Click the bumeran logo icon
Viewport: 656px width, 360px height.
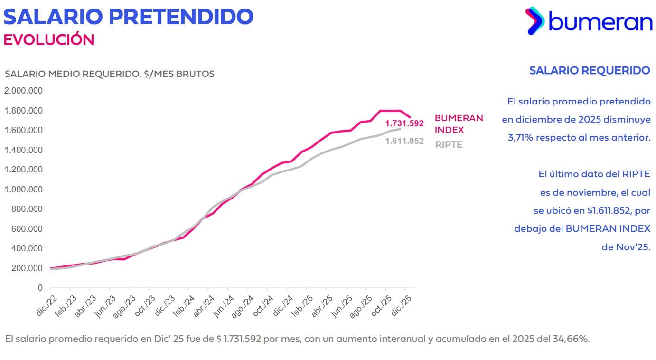click(535, 20)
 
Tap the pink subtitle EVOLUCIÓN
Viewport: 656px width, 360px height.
click(49, 39)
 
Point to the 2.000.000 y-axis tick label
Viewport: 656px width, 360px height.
click(23, 91)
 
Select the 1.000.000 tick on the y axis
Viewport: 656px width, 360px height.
click(23, 189)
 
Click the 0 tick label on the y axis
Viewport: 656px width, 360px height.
click(40, 288)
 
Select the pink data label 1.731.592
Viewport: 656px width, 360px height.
click(404, 123)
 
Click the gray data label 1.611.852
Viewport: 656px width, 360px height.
click(404, 141)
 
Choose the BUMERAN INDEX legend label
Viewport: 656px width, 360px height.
click(459, 124)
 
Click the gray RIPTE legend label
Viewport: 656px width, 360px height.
click(449, 145)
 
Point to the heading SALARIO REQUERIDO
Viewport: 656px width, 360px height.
click(589, 71)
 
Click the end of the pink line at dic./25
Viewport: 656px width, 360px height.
click(410, 117)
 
